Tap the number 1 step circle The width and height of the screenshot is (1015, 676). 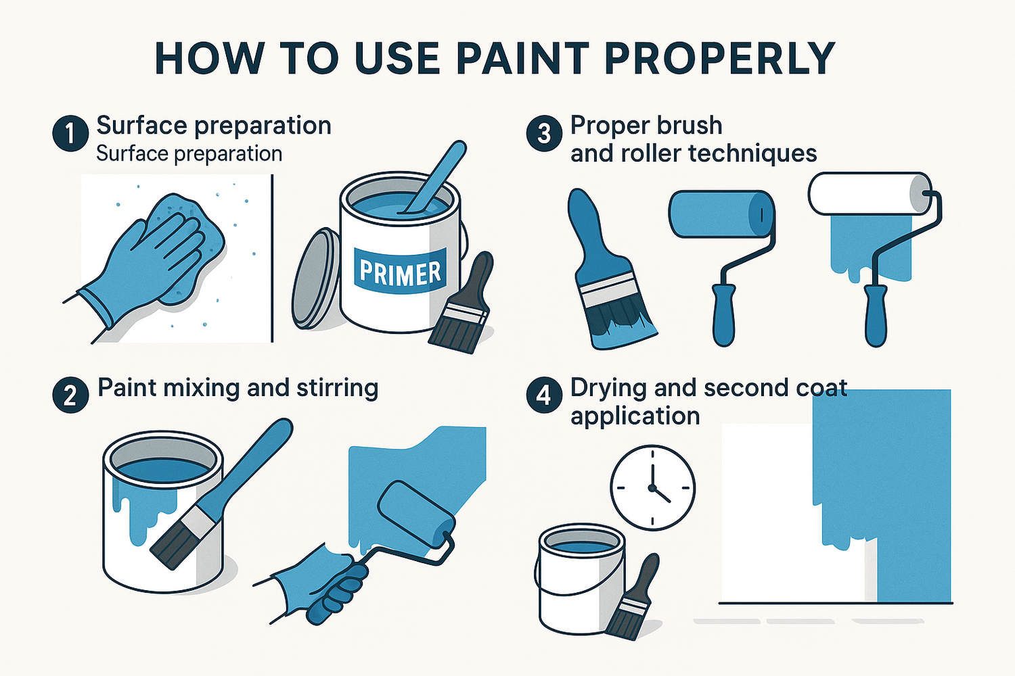70,132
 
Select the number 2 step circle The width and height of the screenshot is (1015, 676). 70,395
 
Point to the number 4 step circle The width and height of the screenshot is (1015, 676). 544,395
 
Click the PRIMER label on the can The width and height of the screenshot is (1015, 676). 400,272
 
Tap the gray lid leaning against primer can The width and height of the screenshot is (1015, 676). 315,279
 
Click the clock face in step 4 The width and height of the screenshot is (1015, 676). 652,487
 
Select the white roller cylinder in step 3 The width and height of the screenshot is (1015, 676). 866,193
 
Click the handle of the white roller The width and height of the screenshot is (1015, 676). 876,314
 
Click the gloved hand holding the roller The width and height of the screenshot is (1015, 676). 325,581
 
